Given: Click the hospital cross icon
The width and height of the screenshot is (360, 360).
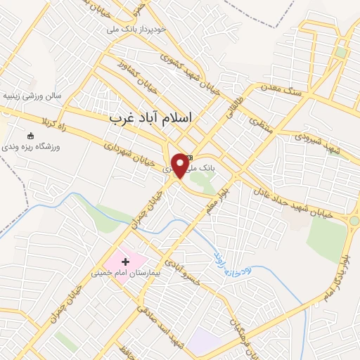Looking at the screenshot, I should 126,262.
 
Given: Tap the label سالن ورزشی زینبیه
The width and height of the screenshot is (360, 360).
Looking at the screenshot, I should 32,95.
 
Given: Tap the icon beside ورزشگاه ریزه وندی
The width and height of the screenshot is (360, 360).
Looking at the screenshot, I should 30,136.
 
